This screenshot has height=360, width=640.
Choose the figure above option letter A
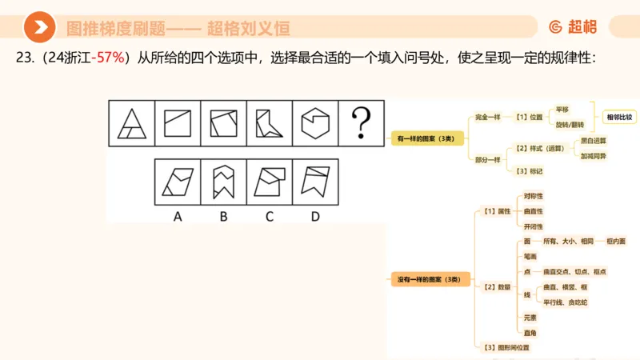177,180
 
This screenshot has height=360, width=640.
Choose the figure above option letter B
223,180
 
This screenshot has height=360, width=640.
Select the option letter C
270,214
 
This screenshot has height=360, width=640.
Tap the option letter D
316,214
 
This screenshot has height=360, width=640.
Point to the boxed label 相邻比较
618,117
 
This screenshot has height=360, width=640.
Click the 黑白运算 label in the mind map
592,140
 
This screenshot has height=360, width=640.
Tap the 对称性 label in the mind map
534,195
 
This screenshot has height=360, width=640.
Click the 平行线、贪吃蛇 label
566,302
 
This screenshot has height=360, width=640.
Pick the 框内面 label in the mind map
616,241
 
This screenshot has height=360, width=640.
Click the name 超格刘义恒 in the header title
248,29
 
